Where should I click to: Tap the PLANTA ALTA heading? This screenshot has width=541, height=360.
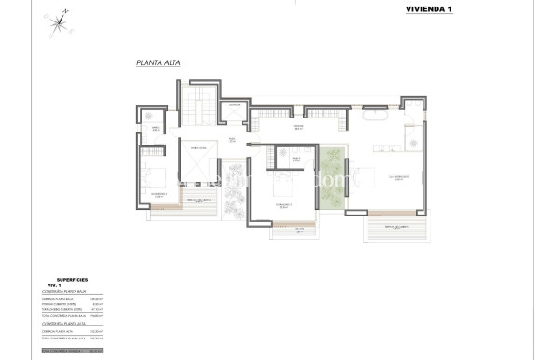(x=157, y=63)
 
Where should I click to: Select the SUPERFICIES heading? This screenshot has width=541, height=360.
(x=73, y=279)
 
